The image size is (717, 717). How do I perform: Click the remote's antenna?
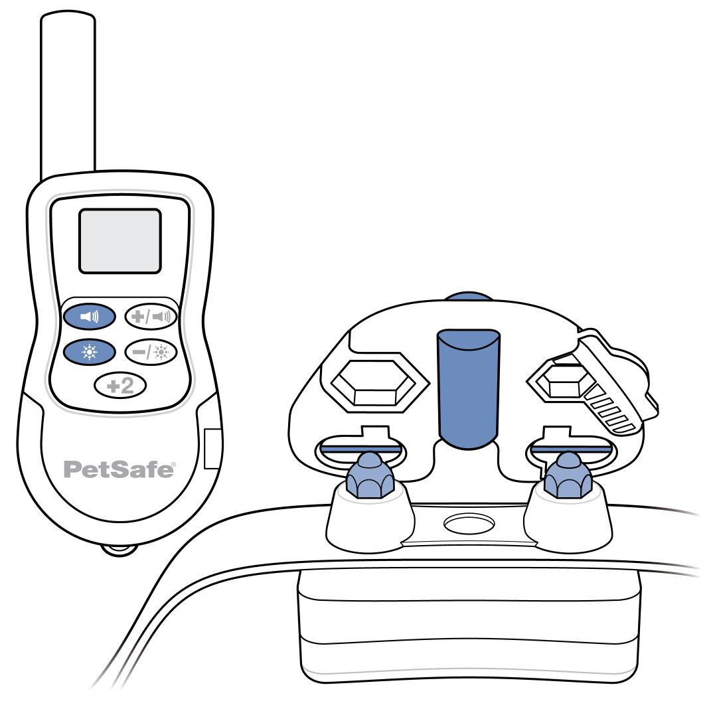68,96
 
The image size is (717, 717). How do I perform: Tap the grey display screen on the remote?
119,241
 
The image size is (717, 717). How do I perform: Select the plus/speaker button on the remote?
151,317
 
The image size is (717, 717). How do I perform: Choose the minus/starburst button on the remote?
151,352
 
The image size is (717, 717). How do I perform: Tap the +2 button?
120,386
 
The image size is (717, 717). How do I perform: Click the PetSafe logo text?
119,469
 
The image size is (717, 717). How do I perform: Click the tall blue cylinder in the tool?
469,388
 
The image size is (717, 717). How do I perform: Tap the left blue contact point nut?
370,475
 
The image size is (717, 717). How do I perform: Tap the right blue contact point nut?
568,475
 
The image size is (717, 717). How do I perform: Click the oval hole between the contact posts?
469,523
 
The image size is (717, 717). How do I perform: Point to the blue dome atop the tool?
469,296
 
